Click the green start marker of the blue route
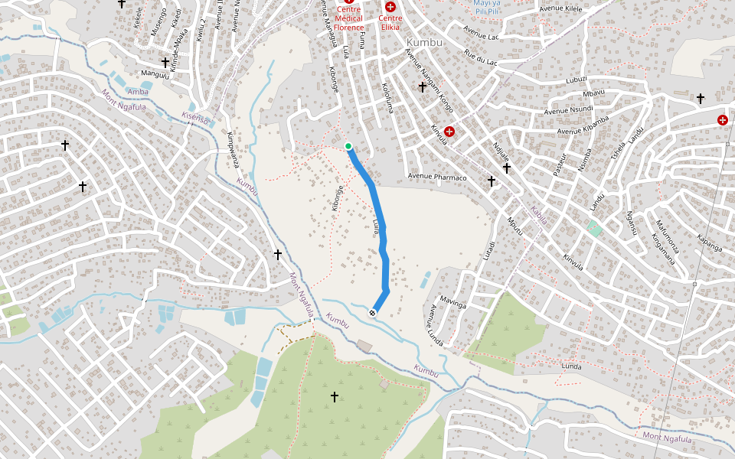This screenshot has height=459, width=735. [x=348, y=146]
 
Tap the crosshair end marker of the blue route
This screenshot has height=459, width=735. [x=373, y=312]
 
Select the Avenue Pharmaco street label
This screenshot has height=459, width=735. [x=436, y=177]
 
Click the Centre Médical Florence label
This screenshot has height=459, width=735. [x=348, y=18]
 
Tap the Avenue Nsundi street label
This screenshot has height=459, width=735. [x=569, y=109]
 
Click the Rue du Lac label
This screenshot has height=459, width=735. [x=481, y=57]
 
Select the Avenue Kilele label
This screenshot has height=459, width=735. [x=561, y=8]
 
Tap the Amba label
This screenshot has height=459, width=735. [x=138, y=92]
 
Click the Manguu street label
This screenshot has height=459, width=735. [x=155, y=74]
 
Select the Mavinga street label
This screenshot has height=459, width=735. [x=454, y=304]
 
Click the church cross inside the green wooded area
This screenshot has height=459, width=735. [x=334, y=396]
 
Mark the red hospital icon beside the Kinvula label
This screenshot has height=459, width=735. [x=449, y=132]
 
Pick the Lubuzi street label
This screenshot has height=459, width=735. [x=576, y=79]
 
